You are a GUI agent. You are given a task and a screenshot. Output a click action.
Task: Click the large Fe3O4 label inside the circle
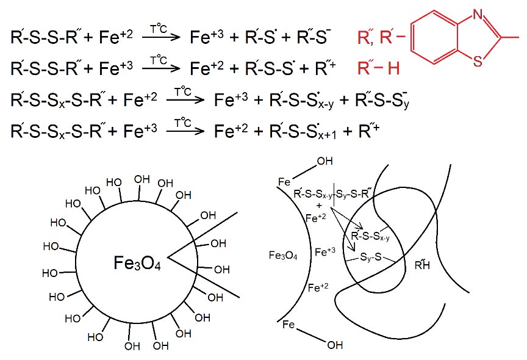point(137,263)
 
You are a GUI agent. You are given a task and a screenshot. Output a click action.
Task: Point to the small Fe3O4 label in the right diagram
point(282,256)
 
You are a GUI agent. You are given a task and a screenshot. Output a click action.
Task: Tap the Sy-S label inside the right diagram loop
point(371,257)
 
